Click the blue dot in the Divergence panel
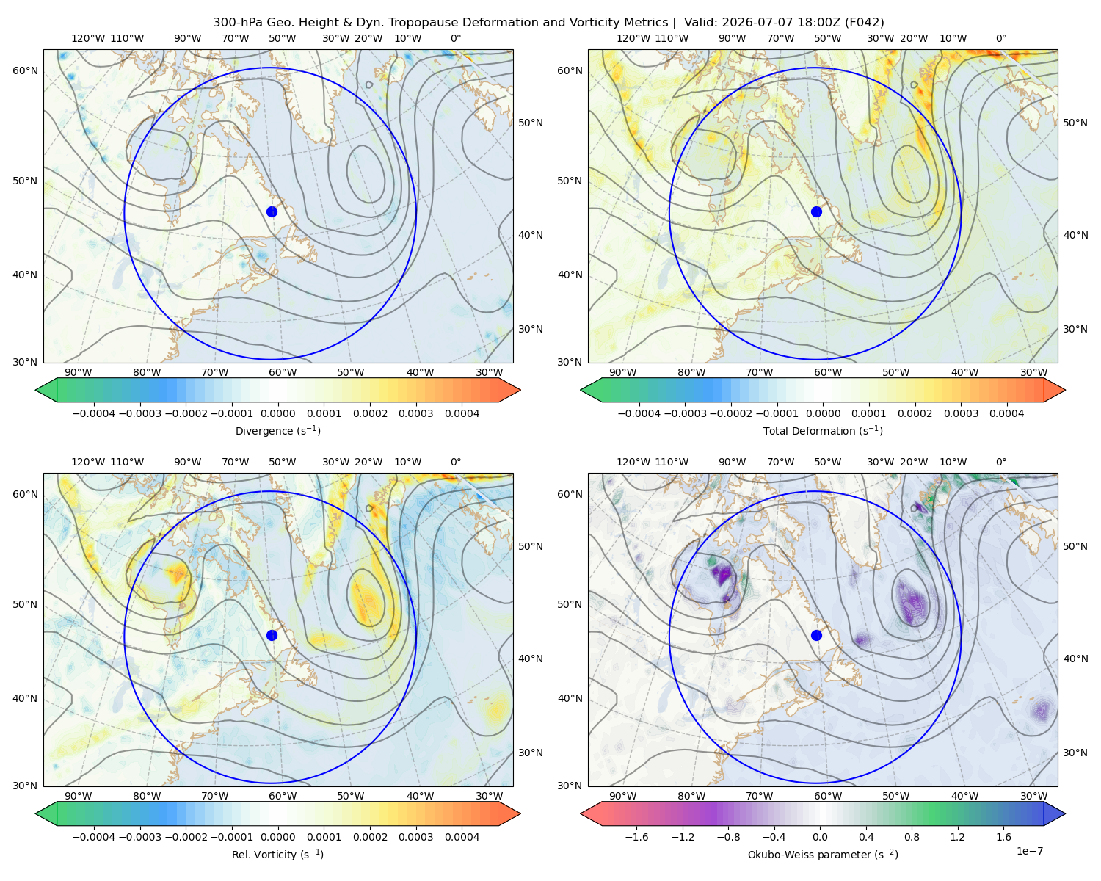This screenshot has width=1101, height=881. (272, 212)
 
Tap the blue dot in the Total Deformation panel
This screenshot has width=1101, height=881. (816, 212)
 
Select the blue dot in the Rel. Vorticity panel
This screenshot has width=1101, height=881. (272, 635)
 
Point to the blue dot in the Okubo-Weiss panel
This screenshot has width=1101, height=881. (816, 635)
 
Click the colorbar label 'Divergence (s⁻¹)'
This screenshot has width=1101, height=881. (277, 430)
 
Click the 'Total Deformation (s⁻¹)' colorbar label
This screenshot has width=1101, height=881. (823, 430)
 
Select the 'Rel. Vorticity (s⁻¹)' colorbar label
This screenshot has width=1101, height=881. (277, 855)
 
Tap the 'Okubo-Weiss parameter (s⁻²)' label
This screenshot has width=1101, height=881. (823, 855)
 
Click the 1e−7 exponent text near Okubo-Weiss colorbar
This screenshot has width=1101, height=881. (1029, 851)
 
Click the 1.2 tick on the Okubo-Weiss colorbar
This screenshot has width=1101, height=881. (957, 837)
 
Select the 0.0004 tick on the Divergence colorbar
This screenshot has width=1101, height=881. (462, 413)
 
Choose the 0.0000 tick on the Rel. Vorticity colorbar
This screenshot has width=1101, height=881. (277, 837)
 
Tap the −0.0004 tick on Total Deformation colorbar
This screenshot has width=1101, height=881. (639, 413)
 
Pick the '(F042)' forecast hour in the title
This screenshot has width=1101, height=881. (864, 23)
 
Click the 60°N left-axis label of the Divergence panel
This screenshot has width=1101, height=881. (25, 70)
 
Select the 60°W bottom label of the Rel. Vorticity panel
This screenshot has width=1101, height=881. (283, 796)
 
